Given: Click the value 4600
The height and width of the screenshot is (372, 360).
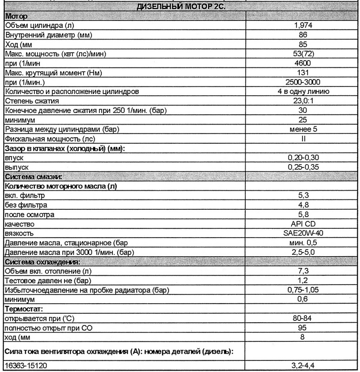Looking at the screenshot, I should coord(302,63).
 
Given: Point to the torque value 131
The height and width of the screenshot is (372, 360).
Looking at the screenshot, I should coord(302,73).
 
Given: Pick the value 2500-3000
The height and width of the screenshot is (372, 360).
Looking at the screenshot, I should coord(302,82).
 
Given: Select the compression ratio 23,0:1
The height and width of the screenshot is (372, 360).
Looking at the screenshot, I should coord(302,101).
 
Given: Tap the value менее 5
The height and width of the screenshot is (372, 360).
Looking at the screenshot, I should coord(302,130).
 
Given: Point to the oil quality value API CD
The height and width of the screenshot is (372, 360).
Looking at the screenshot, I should coord(302,224).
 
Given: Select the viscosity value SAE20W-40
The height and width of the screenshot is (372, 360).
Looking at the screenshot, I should coord(302,233).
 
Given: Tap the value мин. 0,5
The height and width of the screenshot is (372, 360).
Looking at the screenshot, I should coord(302,243).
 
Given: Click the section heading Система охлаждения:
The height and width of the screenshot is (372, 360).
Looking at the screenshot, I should coord(42,262).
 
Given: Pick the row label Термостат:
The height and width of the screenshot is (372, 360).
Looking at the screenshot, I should coord(23,309).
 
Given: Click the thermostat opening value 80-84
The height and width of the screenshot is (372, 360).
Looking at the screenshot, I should coord(302,318).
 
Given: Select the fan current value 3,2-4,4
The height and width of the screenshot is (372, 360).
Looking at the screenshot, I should coord(302,366).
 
